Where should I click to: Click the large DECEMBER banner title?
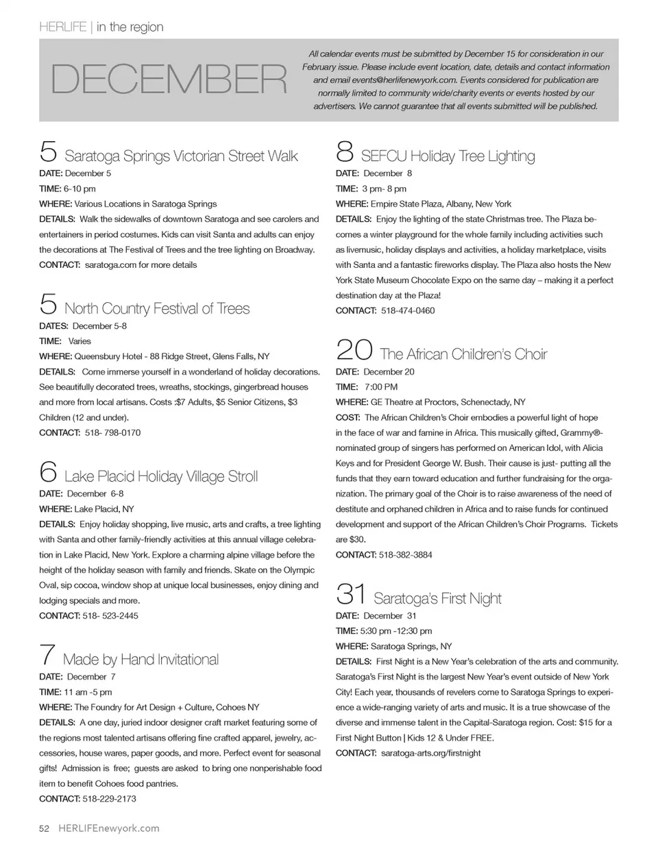point(169,79)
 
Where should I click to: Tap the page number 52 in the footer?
point(45,828)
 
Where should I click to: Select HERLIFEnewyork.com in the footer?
point(109,828)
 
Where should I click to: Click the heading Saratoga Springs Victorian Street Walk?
point(181,156)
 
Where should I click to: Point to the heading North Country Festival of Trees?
point(157,309)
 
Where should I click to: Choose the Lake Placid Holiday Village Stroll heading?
point(161,477)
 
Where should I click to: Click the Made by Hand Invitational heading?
point(141,660)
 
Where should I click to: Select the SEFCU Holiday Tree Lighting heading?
point(448,156)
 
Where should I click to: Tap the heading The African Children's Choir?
point(463,355)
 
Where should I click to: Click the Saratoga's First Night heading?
point(437,599)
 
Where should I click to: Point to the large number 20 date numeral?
point(354,351)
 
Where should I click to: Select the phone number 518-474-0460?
point(408,311)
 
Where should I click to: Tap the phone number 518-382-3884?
point(406,555)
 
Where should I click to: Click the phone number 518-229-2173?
point(109,799)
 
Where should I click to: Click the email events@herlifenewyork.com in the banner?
point(393,80)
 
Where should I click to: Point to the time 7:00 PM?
point(381,387)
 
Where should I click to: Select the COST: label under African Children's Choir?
point(348,418)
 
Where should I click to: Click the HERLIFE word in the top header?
point(62,27)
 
